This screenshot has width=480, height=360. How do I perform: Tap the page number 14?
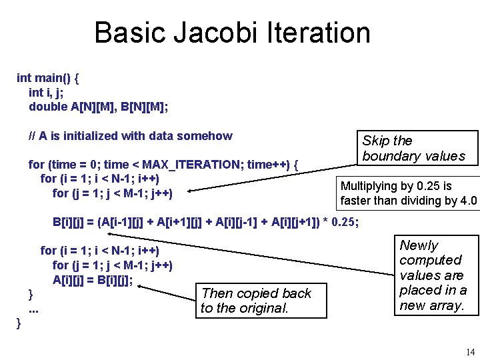pos(470,352)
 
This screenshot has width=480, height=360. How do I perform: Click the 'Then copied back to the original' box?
pos(261,300)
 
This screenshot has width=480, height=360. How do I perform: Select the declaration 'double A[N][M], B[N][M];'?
pos(99,107)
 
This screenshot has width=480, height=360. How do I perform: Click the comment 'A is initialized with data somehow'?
pos(131,136)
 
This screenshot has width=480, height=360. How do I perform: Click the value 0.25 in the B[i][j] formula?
pos(344,222)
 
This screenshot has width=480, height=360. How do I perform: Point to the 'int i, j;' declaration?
pos(45,92)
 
